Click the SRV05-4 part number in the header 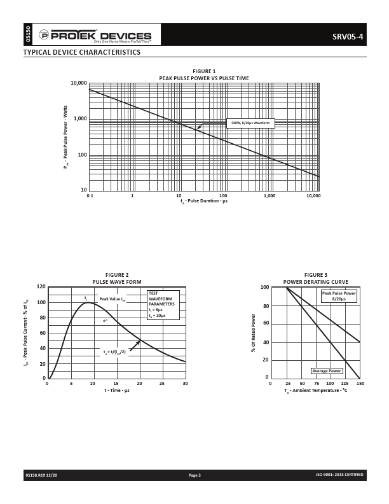click(348, 36)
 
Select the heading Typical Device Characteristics click(82, 52)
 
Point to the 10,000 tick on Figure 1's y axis click(79, 83)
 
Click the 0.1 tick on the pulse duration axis click(90, 195)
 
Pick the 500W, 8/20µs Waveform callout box click(250, 123)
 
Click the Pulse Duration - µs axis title click(204, 201)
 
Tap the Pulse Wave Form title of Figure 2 click(117, 281)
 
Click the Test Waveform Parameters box click(163, 304)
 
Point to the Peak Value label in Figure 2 click(112, 298)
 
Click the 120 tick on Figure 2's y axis click(41, 287)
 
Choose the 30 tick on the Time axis click(185, 384)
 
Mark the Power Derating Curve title click(315, 281)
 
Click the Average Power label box click(327, 371)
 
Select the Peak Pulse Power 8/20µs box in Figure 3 click(338, 296)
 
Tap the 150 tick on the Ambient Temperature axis click(360, 384)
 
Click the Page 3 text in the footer click(194, 475)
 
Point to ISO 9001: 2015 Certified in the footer click(339, 475)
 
